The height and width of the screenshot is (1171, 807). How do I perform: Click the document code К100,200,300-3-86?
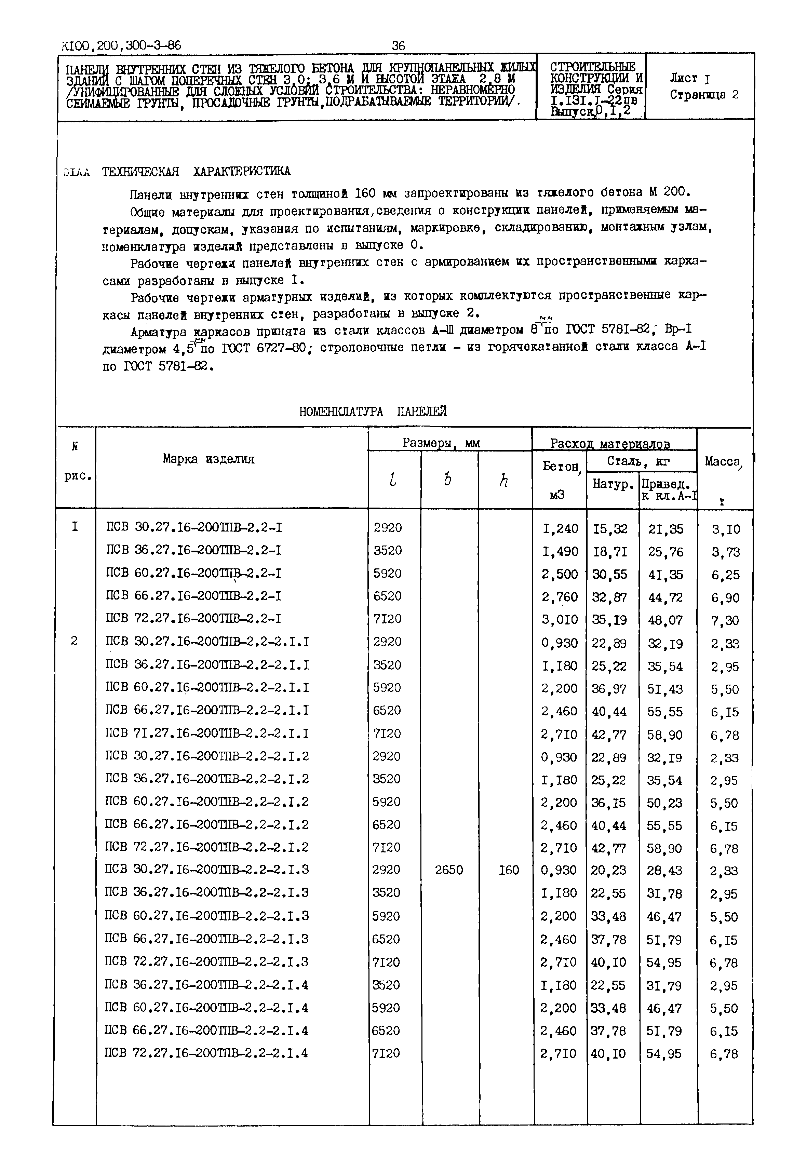121,46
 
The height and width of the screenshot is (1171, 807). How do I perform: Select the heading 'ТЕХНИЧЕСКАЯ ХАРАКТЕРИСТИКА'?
196,171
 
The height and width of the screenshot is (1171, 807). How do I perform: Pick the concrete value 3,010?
559,620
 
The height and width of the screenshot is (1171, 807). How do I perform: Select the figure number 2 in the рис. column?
74,641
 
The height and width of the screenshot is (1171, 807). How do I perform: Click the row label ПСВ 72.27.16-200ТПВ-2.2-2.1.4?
206,1053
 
